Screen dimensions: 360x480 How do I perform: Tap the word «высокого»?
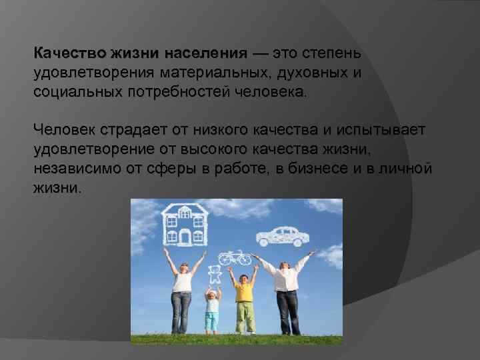pos(239,148)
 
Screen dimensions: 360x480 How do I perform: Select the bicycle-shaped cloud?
pos(234,257)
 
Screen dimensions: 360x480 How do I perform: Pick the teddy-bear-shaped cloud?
pos(215,274)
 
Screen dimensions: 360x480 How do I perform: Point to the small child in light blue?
pos(212,310)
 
